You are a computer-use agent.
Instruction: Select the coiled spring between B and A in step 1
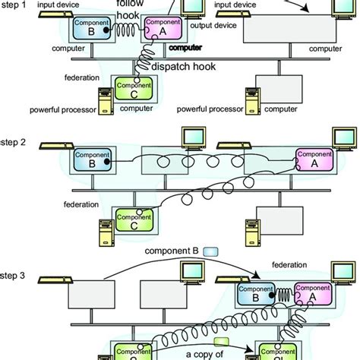(131, 30)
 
